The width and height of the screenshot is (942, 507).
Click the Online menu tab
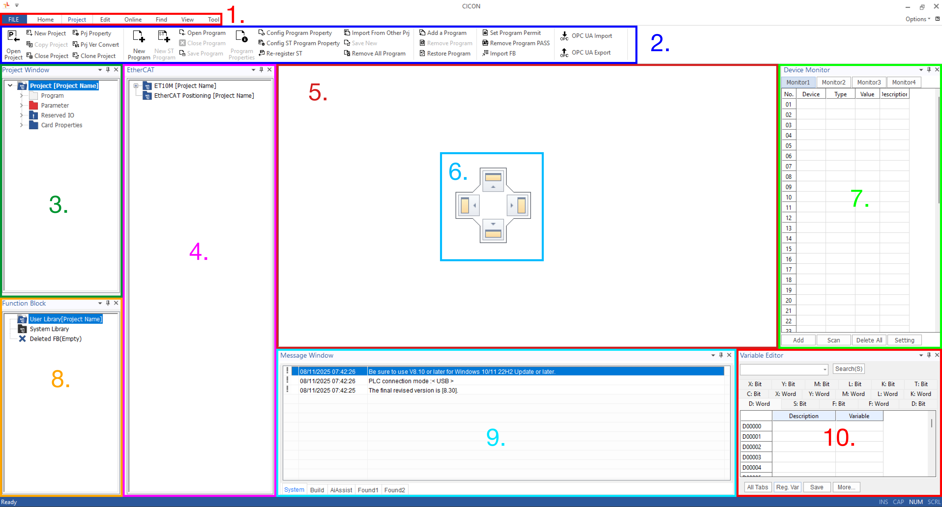tap(133, 19)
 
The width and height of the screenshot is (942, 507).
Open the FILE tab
tap(13, 19)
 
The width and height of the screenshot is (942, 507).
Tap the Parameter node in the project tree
tap(55, 105)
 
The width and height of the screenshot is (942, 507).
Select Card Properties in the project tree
tap(61, 125)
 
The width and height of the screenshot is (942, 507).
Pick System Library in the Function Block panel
tap(49, 329)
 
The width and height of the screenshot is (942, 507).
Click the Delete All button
tap(869, 340)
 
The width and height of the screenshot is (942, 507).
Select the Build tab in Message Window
tap(317, 490)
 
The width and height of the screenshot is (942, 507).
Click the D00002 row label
tap(751, 447)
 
